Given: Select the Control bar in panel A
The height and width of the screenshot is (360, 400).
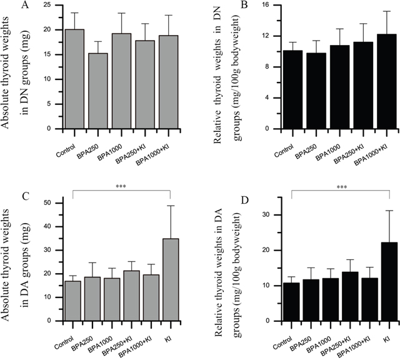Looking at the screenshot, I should [x=74, y=79].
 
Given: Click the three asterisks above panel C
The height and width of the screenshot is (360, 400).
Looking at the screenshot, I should [x=121, y=187].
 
